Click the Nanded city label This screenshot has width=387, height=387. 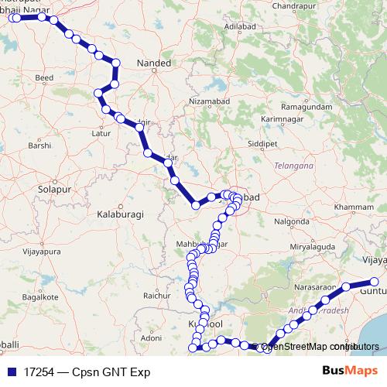coord(152,62)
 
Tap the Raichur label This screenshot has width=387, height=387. coord(156,296)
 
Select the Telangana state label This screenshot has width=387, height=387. coord(293,166)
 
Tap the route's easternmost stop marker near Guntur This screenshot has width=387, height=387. coord(375,282)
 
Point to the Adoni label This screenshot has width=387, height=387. coord(149,339)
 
